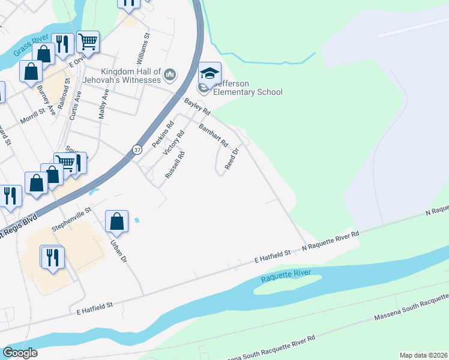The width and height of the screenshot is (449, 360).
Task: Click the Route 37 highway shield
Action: (x=137, y=150)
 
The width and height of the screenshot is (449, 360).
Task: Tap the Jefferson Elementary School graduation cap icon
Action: (x=209, y=74)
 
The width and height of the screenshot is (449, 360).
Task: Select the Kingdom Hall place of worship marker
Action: (x=170, y=75)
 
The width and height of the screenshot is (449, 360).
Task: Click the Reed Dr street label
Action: (x=232, y=159)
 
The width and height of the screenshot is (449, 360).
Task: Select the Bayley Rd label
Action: (x=197, y=107)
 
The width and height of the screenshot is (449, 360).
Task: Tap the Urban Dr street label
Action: (x=118, y=251)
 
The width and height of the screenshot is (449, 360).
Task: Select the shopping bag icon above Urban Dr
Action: (x=117, y=221)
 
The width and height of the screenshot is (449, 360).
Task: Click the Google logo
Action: (x=20, y=353)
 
